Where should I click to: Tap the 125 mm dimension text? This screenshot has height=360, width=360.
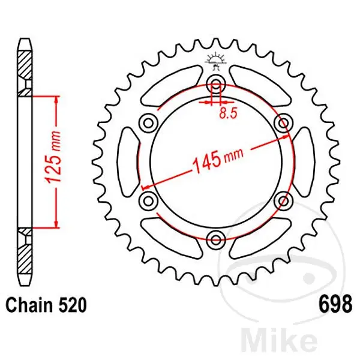[53, 157]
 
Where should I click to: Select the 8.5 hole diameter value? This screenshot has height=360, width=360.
[228, 113]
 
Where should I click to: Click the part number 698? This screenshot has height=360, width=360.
[335, 304]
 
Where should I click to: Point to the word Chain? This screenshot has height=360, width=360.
[29, 305]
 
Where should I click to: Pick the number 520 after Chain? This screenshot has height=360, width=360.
[73, 305]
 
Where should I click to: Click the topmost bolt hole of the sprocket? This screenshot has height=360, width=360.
[216, 85]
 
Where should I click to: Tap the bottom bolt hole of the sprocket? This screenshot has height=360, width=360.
[216, 240]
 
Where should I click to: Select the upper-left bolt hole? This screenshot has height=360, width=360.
[148, 123]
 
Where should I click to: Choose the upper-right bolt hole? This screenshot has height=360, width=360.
[284, 123]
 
